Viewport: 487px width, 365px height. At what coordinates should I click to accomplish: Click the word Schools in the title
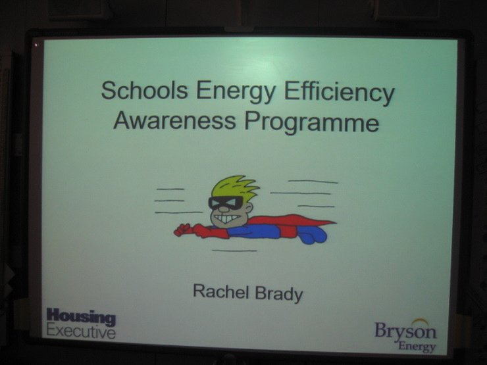coord(144,90)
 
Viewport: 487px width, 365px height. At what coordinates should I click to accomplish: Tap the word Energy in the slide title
coord(236,92)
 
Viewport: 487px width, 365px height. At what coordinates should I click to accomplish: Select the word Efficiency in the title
coord(340,93)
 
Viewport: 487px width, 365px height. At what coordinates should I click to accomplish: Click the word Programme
coord(311,122)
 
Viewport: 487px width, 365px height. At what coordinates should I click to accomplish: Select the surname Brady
coord(279,294)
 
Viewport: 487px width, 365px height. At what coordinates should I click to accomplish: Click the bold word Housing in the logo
coord(81,316)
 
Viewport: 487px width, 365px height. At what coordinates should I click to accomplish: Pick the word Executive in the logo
coord(81,331)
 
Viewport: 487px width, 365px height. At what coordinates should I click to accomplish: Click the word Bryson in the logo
coord(405,331)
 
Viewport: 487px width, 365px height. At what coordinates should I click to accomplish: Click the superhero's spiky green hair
coord(234,187)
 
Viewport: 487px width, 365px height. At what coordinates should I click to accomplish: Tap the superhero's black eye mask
coord(226,203)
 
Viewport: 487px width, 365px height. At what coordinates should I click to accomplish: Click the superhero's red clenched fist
coord(182,230)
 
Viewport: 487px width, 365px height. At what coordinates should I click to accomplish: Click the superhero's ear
coord(248,207)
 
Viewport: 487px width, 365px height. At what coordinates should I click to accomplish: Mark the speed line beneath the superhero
coord(234,251)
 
